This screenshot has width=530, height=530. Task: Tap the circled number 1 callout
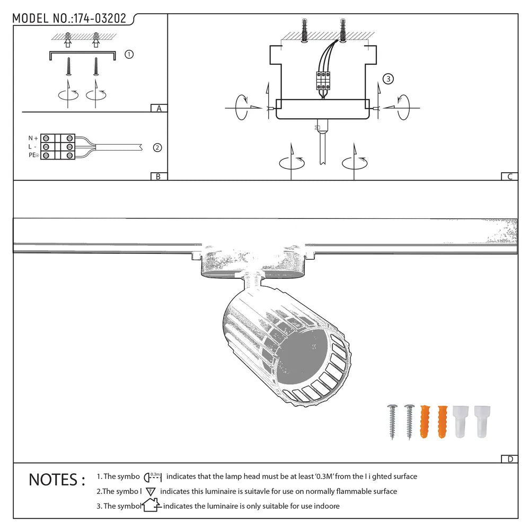pos(129,54)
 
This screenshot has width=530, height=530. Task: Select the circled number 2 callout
pos(157,148)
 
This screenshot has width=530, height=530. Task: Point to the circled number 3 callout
pos(388,79)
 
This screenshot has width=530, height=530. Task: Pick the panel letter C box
pos(509,177)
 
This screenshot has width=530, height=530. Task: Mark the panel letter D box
pos(509,459)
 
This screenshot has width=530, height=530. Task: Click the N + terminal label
pos(33,138)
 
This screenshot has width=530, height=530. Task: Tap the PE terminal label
pos(33,155)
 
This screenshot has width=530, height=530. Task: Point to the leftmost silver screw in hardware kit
pos(393,421)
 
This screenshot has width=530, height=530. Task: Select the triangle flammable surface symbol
pos(150,491)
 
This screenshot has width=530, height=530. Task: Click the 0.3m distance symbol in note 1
pos(153,476)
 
